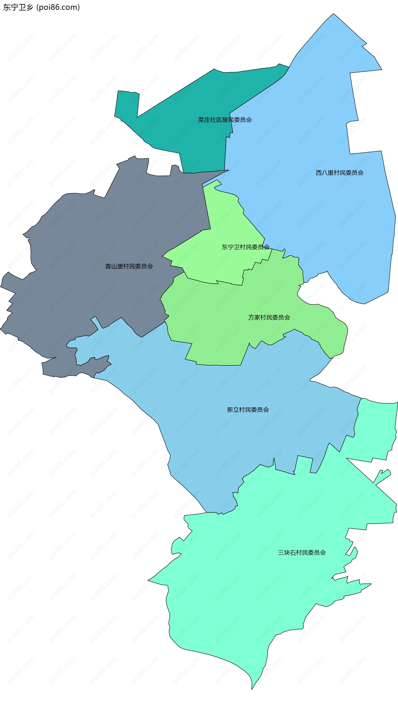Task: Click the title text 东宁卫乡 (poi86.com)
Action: coord(41,7)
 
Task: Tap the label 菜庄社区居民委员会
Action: coord(225,120)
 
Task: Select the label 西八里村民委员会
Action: coord(340,173)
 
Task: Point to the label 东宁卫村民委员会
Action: coord(245,247)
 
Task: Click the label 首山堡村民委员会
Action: coord(129,266)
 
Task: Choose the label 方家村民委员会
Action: coord(269,317)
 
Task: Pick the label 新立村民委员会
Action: coord(248,409)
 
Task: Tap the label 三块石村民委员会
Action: coord(302,553)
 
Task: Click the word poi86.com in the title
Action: coord(58,7)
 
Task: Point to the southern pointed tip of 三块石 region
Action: coord(252,689)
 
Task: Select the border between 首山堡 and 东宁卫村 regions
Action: coord(207,208)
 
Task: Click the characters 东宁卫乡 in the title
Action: coord(18,7)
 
